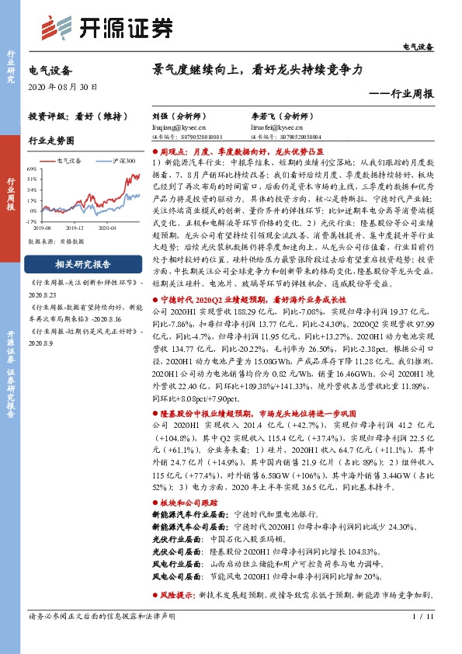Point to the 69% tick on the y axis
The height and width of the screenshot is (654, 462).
32,169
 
